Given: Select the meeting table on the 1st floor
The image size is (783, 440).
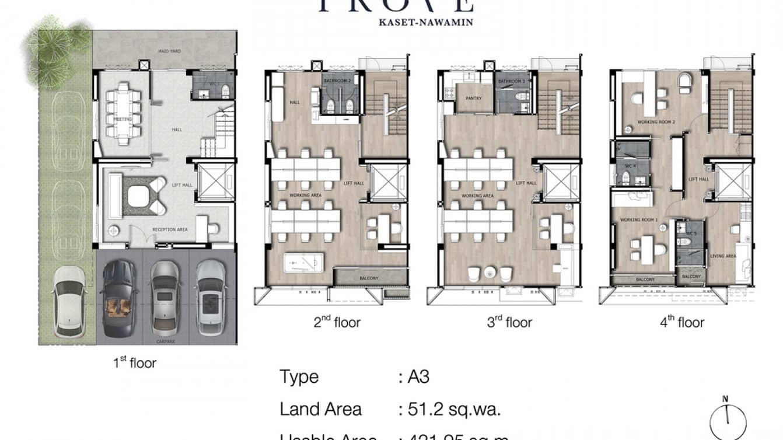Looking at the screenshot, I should pyautogui.click(x=123, y=113).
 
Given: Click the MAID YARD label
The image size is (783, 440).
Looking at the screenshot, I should pyautogui.click(x=169, y=51).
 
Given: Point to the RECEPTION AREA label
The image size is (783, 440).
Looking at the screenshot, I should pyautogui.click(x=170, y=229).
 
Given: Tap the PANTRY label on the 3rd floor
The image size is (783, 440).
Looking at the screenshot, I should pyautogui.click(x=473, y=98).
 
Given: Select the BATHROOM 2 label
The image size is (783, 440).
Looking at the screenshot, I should pyautogui.click(x=340, y=81).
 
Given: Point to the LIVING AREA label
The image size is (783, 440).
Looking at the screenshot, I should pyautogui.click(x=722, y=256).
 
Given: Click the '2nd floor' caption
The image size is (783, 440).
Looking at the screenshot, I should pyautogui.click(x=337, y=322).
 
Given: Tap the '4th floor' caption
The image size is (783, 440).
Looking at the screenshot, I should pyautogui.click(x=682, y=322).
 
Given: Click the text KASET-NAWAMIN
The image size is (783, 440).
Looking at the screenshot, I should pyautogui.click(x=395, y=23).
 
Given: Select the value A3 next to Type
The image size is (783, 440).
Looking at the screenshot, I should pyautogui.click(x=418, y=377).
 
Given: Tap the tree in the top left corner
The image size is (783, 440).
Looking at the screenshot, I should pyautogui.click(x=57, y=48).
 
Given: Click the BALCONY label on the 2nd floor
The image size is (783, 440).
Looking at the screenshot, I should pyautogui.click(x=368, y=278).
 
